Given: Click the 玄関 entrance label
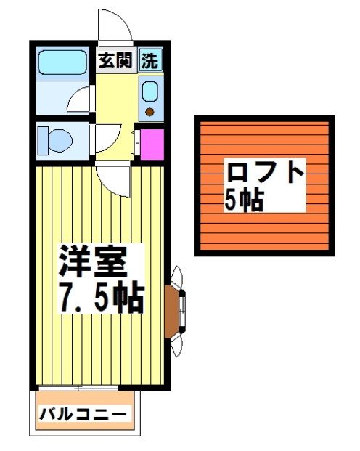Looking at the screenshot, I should (115, 61).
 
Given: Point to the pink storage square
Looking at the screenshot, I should (151, 144).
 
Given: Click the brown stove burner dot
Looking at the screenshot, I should (150, 111).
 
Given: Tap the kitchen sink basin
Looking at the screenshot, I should (150, 92).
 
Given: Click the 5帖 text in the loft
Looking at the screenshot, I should (243, 200).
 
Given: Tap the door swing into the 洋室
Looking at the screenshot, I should (112, 178).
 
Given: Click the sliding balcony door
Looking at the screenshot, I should (78, 387).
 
